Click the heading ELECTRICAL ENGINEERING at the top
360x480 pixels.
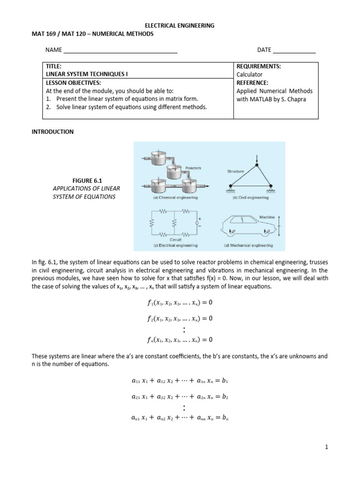click(180, 26)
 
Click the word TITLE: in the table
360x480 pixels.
click(53, 67)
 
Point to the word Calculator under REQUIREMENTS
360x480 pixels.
click(249, 75)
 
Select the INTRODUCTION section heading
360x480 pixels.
click(52, 132)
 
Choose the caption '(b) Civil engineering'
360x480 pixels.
click(251, 198)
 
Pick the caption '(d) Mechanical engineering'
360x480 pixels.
click(251, 245)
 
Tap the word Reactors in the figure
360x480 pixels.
click(193, 168)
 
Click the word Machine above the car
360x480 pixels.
click(267, 217)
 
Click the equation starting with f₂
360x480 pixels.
click(180, 318)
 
